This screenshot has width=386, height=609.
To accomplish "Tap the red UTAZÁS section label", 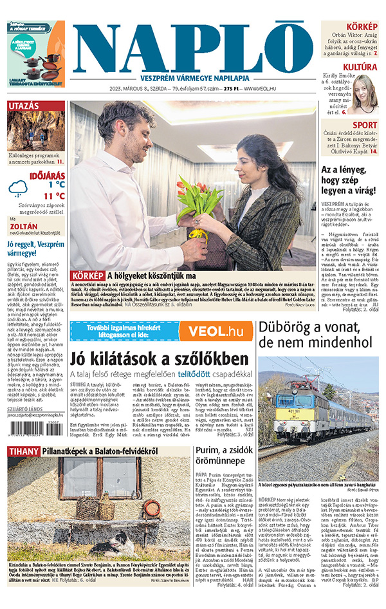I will (23, 106).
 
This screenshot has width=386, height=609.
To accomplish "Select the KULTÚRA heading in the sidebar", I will (360, 67).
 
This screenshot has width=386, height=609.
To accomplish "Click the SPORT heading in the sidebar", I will (365, 125).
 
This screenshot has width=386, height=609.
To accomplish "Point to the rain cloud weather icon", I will (18, 187).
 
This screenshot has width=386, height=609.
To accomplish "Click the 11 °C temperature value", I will (54, 196).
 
